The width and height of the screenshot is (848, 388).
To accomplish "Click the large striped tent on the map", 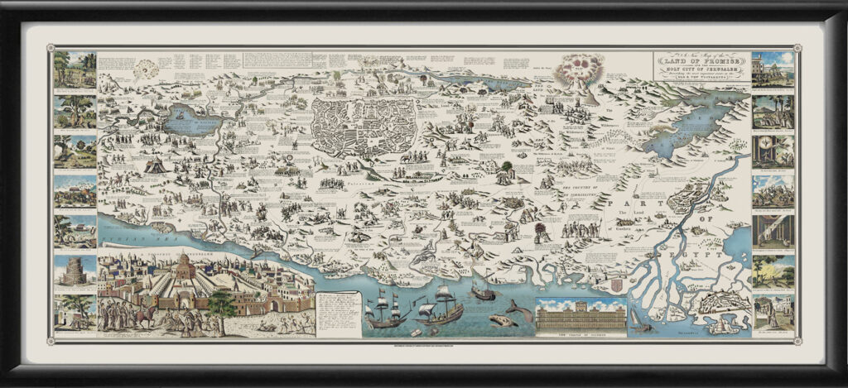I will click(x=154, y=166).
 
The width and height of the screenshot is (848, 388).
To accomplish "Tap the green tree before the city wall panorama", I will click(x=221, y=304).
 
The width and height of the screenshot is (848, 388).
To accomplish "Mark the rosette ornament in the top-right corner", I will click(x=796, y=47).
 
